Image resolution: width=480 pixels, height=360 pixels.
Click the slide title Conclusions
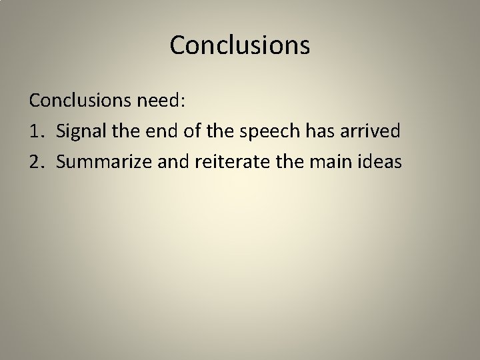point(240,45)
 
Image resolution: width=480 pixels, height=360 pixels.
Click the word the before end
point(119,131)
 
